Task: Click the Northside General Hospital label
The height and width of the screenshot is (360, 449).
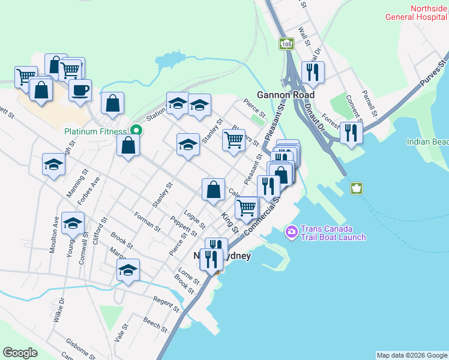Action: tap(428, 13)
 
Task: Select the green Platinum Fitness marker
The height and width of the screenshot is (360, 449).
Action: tap(136, 130)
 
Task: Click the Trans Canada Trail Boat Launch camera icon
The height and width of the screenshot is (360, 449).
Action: tap(292, 231)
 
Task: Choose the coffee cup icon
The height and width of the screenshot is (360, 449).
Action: tap(80, 91)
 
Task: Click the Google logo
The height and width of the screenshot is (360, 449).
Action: tap(20, 353)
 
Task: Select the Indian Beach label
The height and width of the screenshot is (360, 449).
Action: tap(427, 142)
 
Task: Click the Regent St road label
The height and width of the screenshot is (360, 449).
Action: tap(166, 304)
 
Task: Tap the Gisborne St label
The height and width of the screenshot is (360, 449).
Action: tap(81, 349)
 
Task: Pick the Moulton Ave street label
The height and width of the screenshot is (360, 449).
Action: tap(55, 229)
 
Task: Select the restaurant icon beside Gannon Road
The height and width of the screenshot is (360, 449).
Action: tap(312, 73)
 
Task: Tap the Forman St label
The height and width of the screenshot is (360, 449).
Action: tap(147, 222)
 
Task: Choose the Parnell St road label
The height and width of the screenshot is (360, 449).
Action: tap(369, 104)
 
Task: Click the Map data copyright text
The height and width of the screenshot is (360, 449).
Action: tap(412, 355)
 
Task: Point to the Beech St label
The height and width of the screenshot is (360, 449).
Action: tap(155, 325)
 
